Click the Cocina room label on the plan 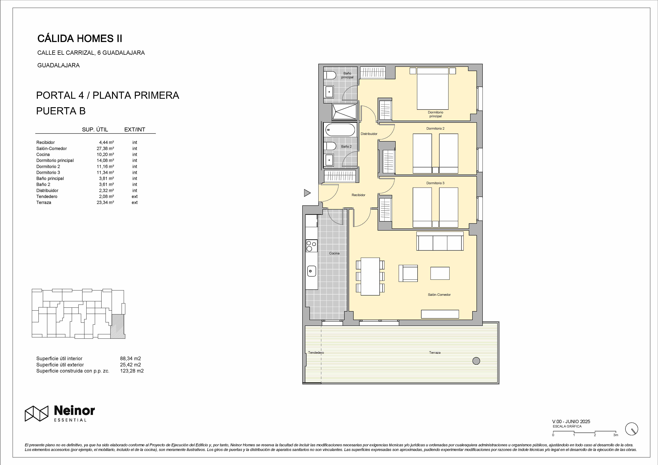coord(334,253)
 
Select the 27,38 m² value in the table coord(105,148)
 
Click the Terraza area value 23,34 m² coord(105,202)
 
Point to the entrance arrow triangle coord(307,193)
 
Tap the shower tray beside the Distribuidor coord(344,111)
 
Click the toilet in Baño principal coord(330,76)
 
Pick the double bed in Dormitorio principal coord(432,89)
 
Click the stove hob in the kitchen coord(312,246)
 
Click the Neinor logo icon coord(36,413)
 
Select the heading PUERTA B coord(61,111)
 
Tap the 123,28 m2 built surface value coord(132,371)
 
